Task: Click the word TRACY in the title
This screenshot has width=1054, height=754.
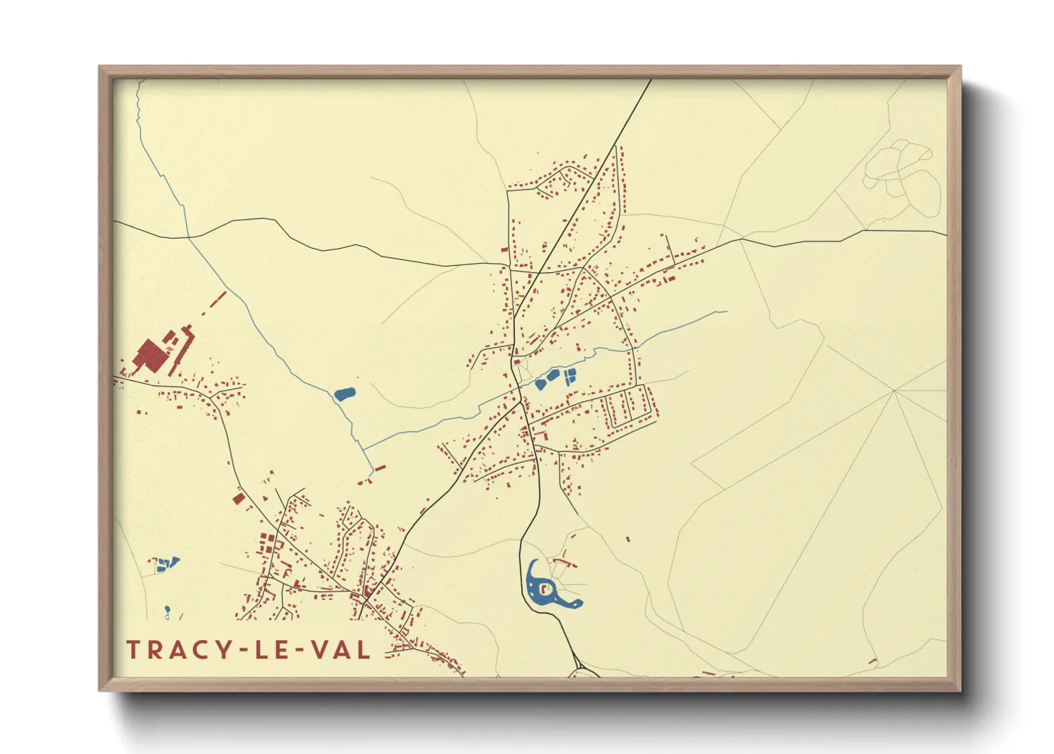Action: click(177, 650)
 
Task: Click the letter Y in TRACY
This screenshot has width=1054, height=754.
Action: click(224, 650)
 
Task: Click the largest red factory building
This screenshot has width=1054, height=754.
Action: click(150, 354)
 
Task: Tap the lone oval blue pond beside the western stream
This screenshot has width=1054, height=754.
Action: click(345, 393)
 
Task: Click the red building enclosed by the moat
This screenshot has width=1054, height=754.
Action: click(546, 589)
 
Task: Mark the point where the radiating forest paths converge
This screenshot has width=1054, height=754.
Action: click(894, 391)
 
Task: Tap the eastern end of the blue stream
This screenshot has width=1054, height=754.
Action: click(726, 311)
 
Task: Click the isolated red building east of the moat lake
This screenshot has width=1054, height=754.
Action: click(627, 539)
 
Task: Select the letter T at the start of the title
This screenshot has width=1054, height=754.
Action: click(132, 650)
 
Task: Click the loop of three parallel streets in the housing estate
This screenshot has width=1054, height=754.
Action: click(629, 406)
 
